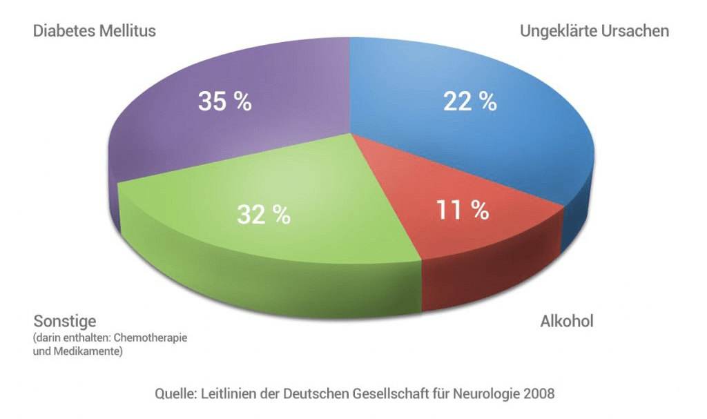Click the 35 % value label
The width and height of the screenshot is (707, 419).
(225, 101)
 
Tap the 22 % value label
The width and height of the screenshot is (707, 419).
(469, 101)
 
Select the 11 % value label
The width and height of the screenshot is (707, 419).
(462, 210)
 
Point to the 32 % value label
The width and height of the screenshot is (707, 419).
(263, 215)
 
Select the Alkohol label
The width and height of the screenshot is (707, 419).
(567, 322)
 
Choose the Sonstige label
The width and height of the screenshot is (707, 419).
(65, 322)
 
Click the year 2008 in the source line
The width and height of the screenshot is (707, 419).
(539, 394)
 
